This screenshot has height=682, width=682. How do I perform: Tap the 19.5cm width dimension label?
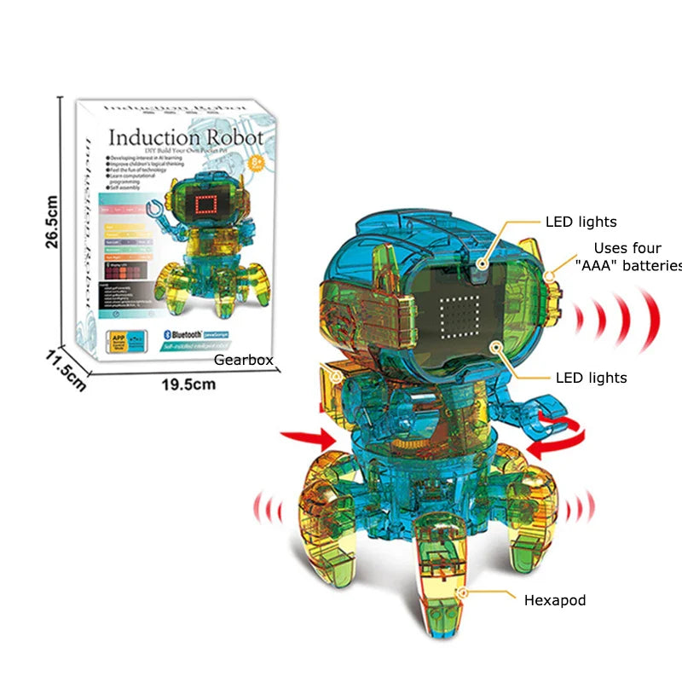click(188, 384)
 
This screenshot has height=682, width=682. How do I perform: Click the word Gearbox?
click(243, 360)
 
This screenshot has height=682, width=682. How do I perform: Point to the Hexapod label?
click(554, 600)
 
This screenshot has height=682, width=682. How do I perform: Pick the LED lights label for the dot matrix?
click(591, 377)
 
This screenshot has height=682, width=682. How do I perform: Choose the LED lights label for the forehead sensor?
click(581, 222)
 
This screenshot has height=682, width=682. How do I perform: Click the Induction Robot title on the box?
click(185, 136)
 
